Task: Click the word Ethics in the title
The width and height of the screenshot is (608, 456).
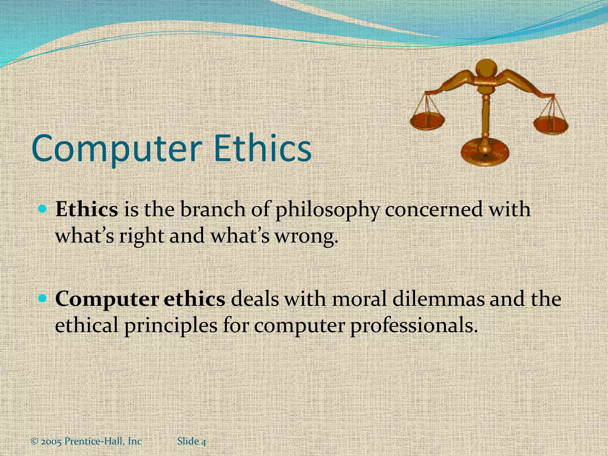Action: coord(262,148)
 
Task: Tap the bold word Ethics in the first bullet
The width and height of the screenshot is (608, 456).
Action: coord(87,210)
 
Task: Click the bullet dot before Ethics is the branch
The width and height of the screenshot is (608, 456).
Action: coord(43,210)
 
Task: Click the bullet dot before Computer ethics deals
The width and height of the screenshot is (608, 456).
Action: coord(43,298)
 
